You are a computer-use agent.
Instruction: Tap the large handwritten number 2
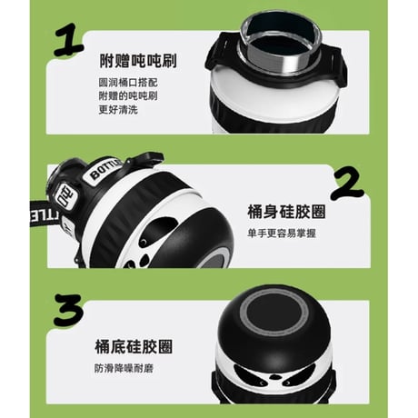(x=347, y=184)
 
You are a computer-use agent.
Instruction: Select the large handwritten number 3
(x=68, y=310)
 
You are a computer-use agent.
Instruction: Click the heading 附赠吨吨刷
(x=138, y=61)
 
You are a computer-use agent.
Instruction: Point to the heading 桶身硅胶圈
(x=286, y=212)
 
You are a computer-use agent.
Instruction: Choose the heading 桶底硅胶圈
(x=134, y=347)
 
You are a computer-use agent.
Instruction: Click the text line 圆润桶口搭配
(x=128, y=83)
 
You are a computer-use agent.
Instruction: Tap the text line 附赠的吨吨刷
(x=128, y=95)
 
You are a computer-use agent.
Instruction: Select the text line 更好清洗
(x=118, y=109)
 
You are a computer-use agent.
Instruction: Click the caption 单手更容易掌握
(x=282, y=234)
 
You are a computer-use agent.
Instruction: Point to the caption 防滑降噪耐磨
(x=124, y=368)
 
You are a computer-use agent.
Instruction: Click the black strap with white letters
(x=45, y=214)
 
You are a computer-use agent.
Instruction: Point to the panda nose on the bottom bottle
(x=274, y=377)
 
